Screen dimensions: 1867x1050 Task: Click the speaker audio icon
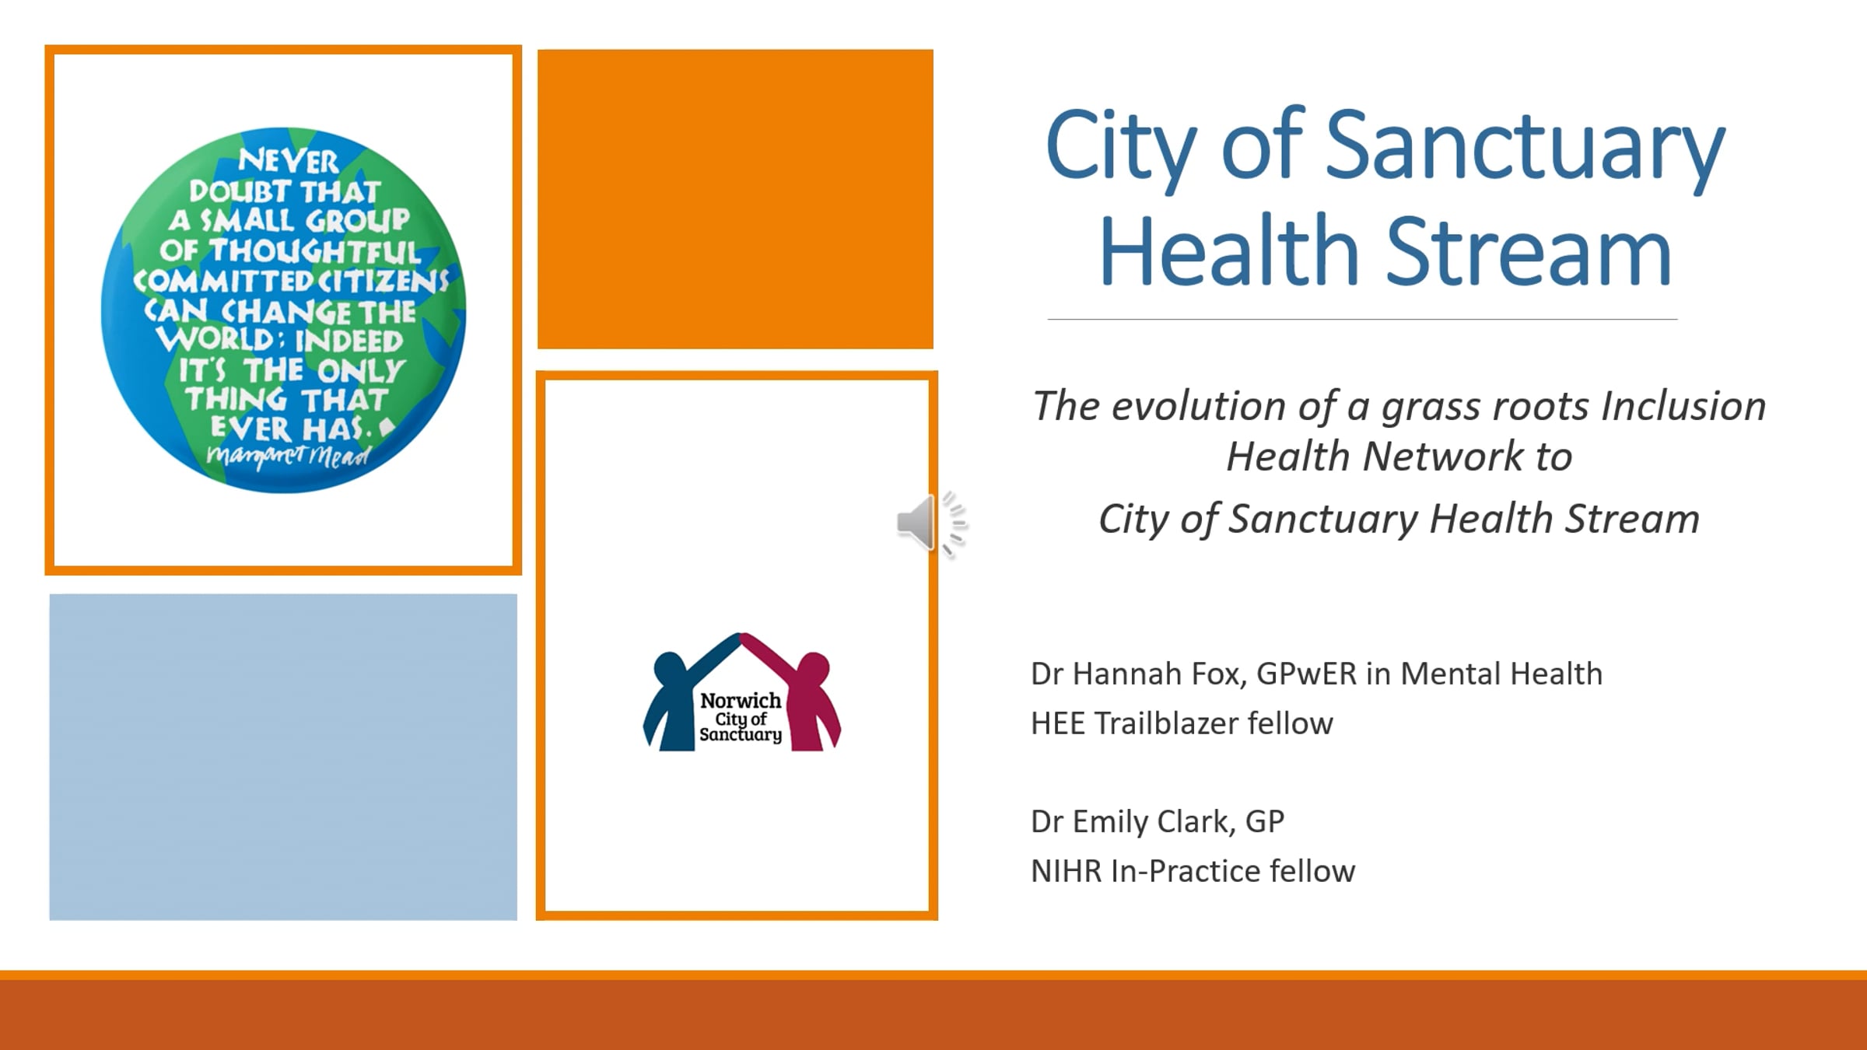pos(931,523)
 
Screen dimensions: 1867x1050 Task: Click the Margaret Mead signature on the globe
pos(289,455)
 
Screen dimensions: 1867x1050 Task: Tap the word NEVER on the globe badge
pos(289,161)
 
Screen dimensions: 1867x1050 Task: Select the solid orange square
pos(735,199)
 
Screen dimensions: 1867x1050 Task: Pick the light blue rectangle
pos(283,757)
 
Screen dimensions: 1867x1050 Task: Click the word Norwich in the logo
pos(741,700)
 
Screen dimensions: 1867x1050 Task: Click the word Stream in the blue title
pos(1529,250)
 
